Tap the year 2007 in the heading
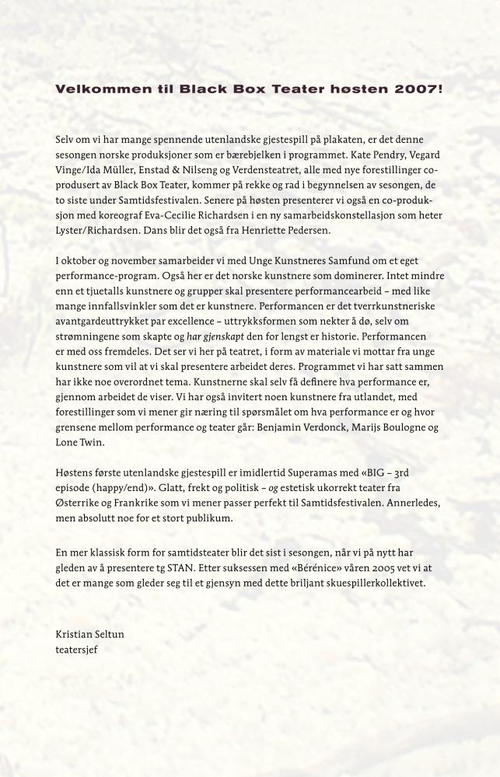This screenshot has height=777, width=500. click(x=421, y=89)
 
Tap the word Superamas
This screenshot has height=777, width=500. click(x=293, y=473)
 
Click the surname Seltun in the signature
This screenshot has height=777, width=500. click(x=107, y=634)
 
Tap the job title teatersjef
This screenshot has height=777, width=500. click(x=77, y=649)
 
